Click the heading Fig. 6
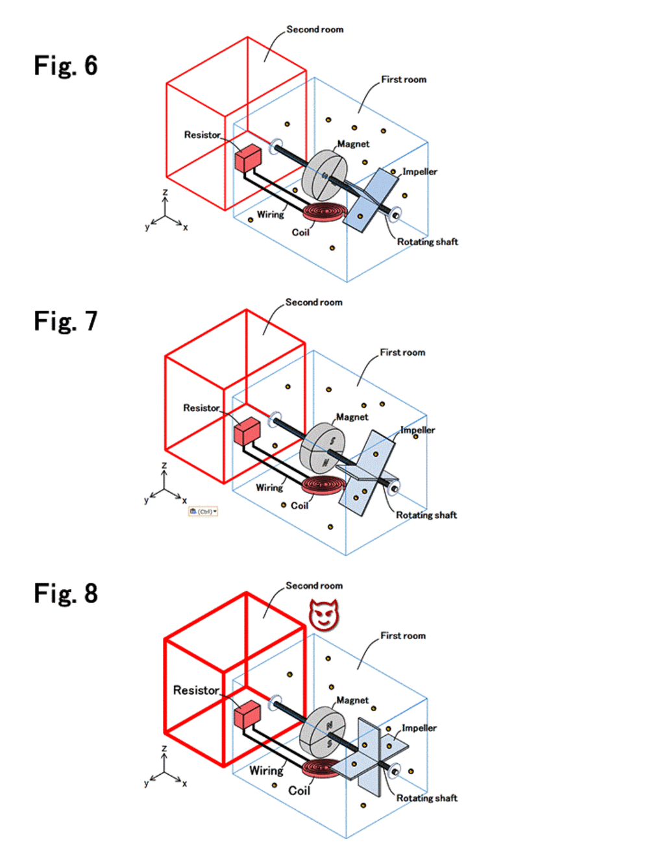(x=66, y=66)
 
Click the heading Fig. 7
(x=66, y=321)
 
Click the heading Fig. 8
(x=66, y=593)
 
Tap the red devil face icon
(x=324, y=615)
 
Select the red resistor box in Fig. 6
(x=248, y=158)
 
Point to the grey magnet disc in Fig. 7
(x=323, y=448)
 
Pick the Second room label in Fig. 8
(x=314, y=585)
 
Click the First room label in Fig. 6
(x=404, y=79)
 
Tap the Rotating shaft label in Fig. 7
(x=426, y=515)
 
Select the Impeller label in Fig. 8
(x=419, y=728)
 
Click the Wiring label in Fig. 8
(x=266, y=770)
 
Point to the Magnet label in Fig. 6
(x=353, y=144)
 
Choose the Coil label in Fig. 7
(x=299, y=506)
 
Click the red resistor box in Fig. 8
(x=247, y=714)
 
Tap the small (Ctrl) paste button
(x=203, y=511)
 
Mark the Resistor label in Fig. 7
(x=201, y=408)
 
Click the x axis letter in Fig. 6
(x=185, y=228)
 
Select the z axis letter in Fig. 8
(x=164, y=749)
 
